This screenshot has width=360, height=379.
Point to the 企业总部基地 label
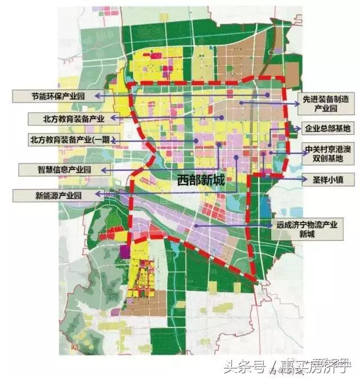(x=327, y=129)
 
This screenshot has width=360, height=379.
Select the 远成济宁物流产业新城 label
(x=307, y=228)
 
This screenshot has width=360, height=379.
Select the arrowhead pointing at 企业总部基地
(x=297, y=129)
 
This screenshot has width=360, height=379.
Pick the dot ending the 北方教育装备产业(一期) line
(x=195, y=140)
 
